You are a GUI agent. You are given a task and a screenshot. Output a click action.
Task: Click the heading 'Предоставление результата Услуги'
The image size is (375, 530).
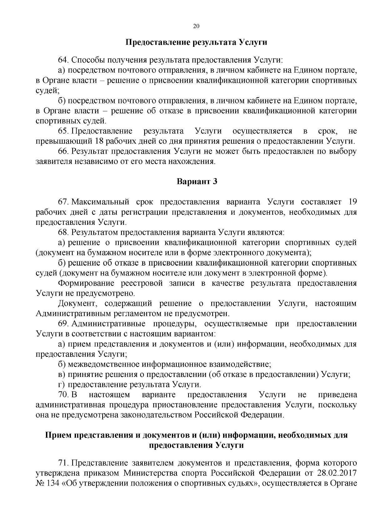pos(196,42)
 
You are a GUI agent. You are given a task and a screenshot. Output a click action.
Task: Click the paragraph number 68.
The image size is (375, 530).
pos(62,232)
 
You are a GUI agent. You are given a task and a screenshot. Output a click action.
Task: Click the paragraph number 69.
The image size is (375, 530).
pos(62,324)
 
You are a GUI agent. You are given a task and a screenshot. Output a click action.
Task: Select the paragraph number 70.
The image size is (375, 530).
pos(62,395)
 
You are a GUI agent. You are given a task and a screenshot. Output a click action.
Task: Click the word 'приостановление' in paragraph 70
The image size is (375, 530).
pos(175,405)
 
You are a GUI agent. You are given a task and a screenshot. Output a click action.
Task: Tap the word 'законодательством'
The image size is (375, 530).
pos(160,415)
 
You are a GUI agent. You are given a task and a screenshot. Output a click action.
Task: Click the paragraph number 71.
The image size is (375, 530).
pos(62,463)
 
